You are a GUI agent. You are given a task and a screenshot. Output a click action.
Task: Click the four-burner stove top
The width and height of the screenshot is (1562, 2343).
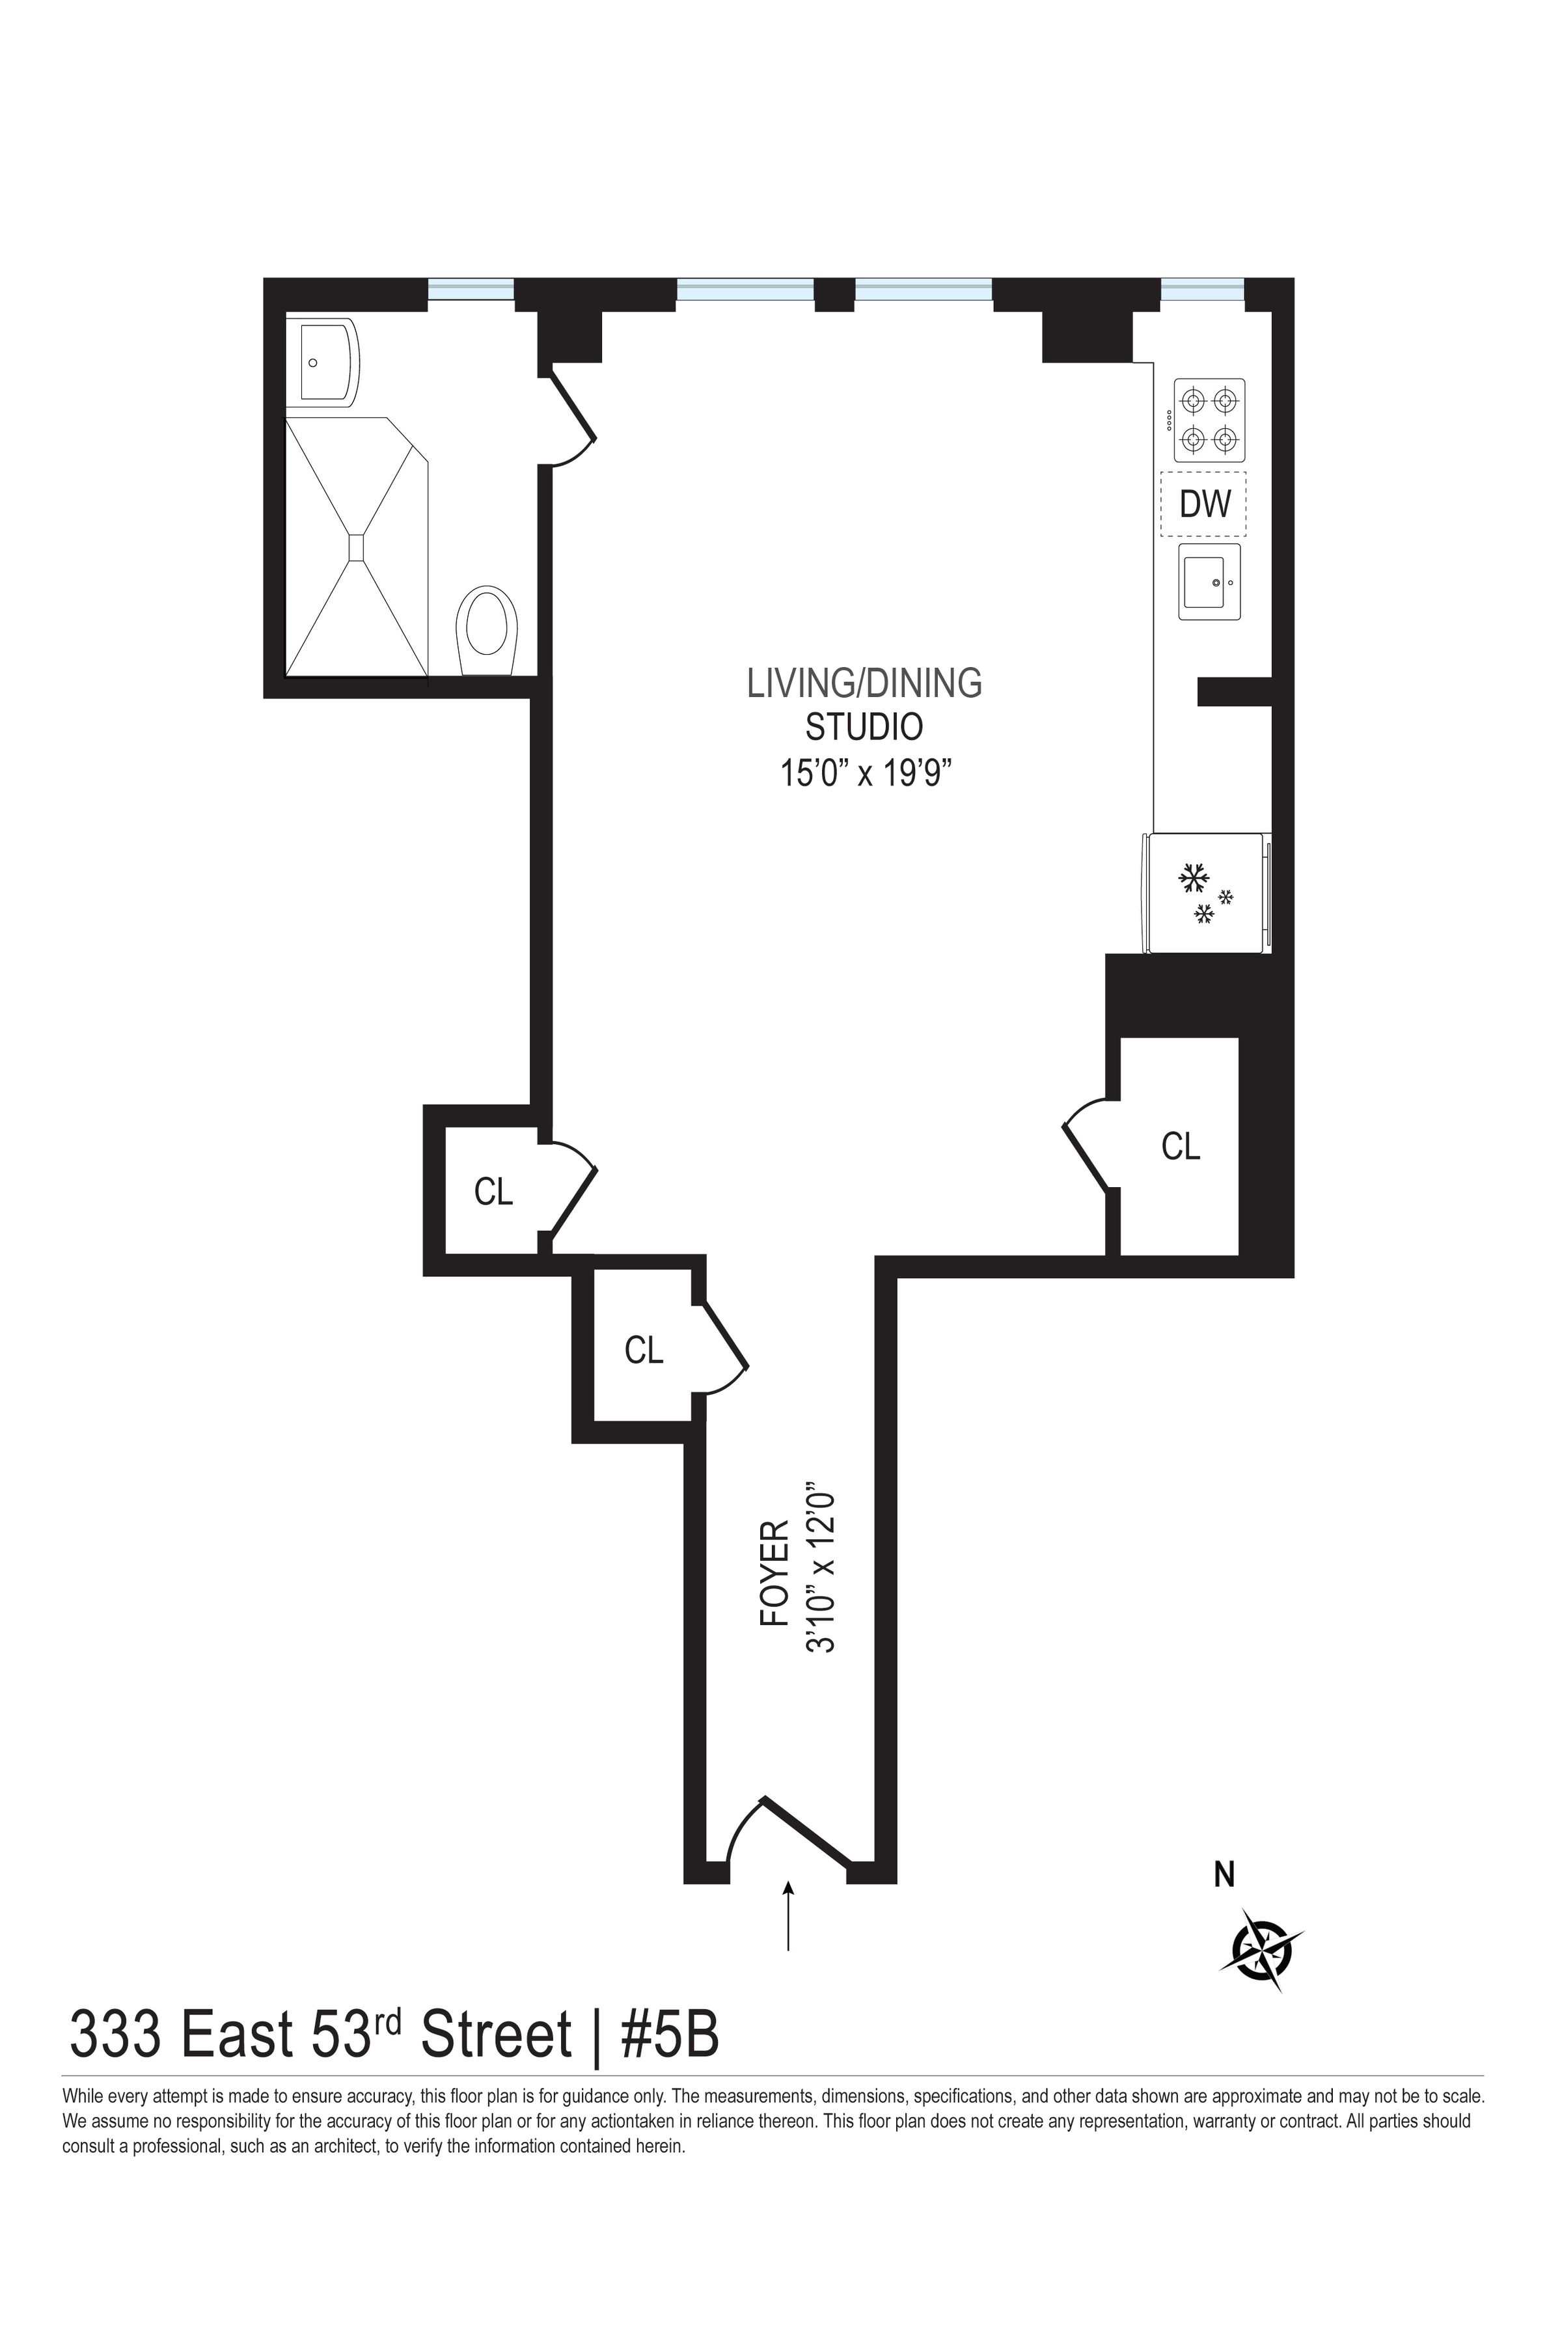(x=1209, y=420)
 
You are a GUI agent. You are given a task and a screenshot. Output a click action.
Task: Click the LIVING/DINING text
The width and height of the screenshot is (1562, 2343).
(x=865, y=683)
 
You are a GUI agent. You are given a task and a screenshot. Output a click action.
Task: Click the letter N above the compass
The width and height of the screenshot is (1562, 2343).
(x=1224, y=1876)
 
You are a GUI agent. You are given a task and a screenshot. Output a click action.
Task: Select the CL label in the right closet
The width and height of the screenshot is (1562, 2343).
(x=1181, y=1147)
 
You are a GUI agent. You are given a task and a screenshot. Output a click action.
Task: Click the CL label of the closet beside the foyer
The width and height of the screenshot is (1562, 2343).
(x=644, y=1350)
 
